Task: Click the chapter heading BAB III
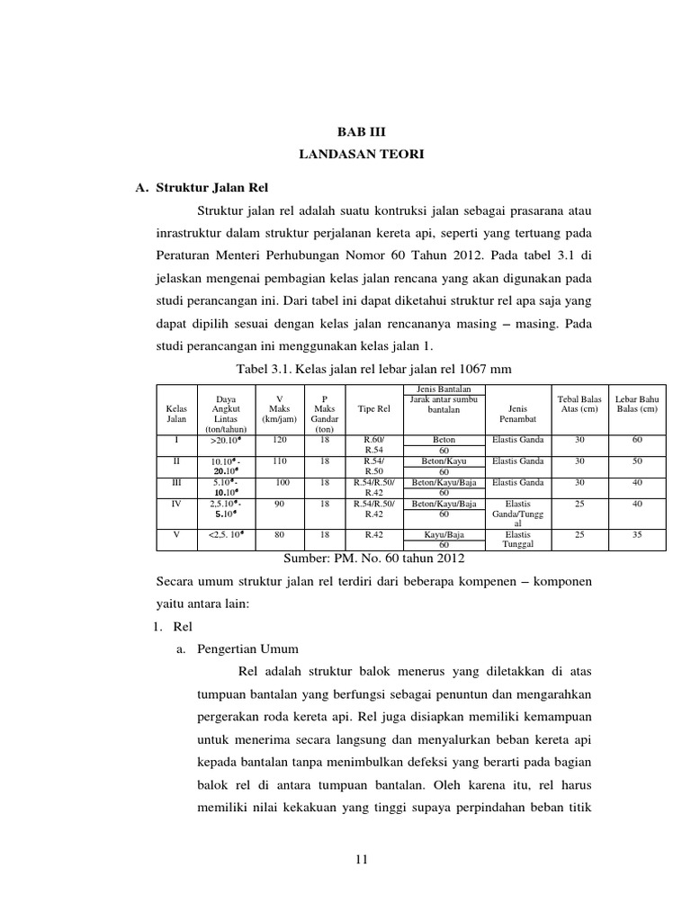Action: [x=361, y=131]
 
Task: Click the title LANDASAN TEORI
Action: [x=361, y=155]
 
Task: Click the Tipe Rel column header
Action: [x=373, y=409]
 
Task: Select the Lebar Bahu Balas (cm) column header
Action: [x=637, y=403]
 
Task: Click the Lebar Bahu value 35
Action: [x=637, y=534]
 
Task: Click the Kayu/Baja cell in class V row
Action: [x=444, y=534]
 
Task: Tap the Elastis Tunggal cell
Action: [x=518, y=539]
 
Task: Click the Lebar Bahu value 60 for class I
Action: [x=637, y=440]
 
